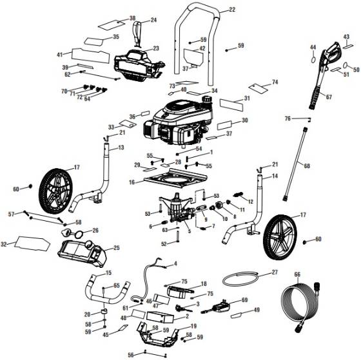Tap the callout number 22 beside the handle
coord(232,10)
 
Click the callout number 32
coord(6,244)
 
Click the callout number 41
coord(60,54)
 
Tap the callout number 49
coord(257,310)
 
